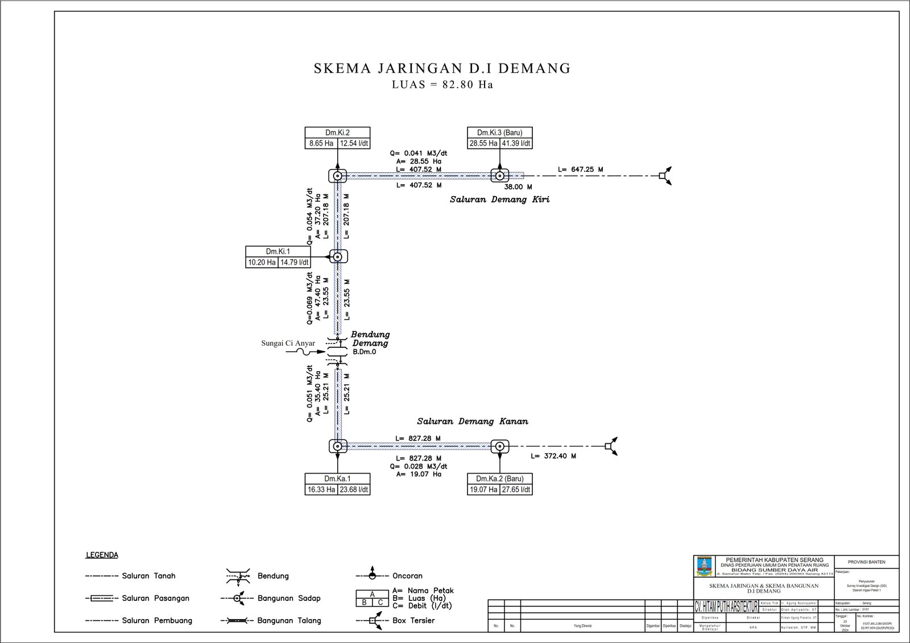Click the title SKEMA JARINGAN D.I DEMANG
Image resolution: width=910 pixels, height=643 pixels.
[x=442, y=69]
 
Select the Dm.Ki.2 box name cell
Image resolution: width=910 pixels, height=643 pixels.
[x=337, y=132]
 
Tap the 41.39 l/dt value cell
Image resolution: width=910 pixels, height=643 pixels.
[x=516, y=143]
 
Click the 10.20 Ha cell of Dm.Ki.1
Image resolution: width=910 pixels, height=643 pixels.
[x=262, y=262]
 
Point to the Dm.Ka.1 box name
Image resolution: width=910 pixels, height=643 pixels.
[x=337, y=479]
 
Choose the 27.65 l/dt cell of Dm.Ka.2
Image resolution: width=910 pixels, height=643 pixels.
[x=516, y=489]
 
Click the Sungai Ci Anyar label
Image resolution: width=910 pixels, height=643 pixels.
[x=288, y=343]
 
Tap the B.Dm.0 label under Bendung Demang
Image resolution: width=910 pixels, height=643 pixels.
[x=364, y=352]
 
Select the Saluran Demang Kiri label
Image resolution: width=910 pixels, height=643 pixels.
[x=499, y=200]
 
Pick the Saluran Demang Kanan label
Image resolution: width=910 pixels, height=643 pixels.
[x=472, y=421]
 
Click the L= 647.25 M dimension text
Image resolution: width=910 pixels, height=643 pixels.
[x=580, y=169]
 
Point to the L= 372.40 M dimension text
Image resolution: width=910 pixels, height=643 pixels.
[x=553, y=456]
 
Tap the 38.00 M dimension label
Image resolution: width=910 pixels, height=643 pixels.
[x=518, y=186]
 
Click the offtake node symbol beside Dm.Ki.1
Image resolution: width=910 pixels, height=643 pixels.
[x=337, y=257]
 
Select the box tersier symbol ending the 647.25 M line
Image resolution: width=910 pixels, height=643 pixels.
[x=663, y=176]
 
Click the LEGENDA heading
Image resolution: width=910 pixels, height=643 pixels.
[x=102, y=555]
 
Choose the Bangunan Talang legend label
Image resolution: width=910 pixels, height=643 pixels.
[x=289, y=621]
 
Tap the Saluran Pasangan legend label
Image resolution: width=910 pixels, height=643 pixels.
[x=155, y=598]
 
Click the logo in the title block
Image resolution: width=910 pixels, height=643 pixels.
[x=704, y=566]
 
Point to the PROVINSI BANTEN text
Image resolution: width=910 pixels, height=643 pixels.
[x=866, y=562]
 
